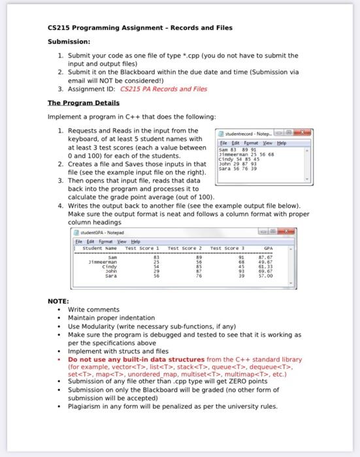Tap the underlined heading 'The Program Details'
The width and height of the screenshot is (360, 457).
(83, 103)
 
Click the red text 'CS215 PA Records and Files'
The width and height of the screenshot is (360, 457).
(169, 89)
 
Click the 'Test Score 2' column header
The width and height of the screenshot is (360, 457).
(188, 248)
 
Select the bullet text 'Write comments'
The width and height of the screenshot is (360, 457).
(91, 309)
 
